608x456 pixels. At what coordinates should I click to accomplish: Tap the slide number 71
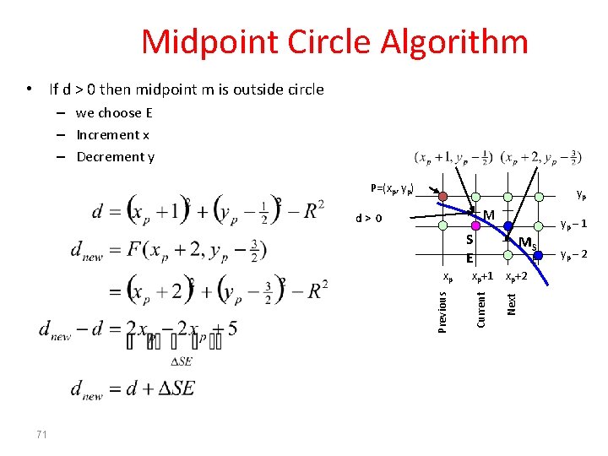click(x=41, y=434)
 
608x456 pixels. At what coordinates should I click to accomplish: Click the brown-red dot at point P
click(x=443, y=196)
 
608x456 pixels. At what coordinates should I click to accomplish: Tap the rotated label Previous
click(x=442, y=311)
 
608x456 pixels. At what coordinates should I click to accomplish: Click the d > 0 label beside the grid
click(x=368, y=218)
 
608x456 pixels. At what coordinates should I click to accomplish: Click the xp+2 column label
click(x=516, y=276)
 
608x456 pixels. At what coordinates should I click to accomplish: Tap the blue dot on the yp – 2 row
click(x=537, y=255)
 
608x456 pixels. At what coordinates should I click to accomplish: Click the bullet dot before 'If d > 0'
click(x=30, y=89)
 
